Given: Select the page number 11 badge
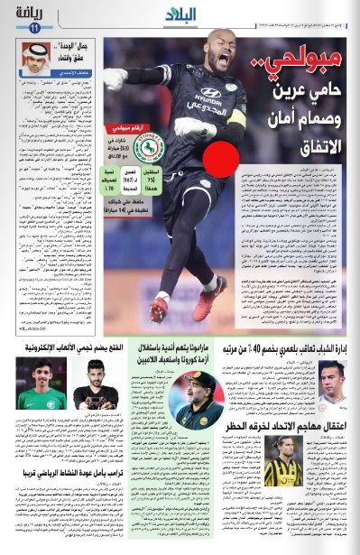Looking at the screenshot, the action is click(35, 29).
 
